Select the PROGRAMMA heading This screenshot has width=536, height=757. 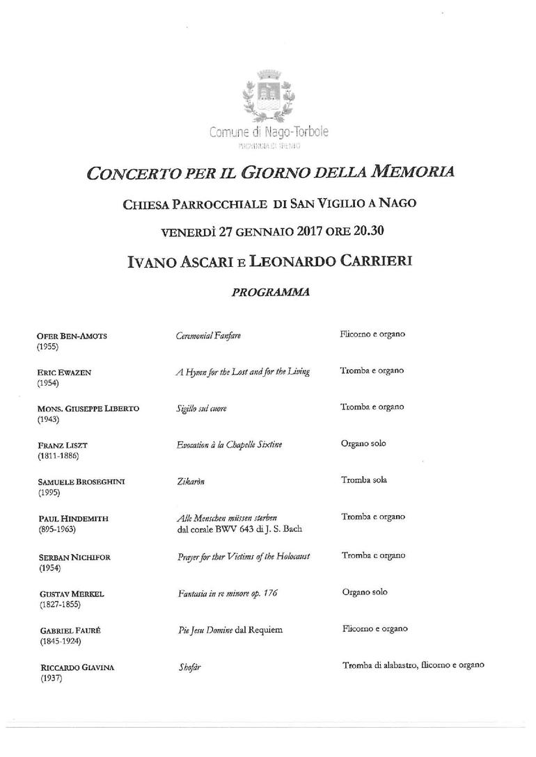point(269,292)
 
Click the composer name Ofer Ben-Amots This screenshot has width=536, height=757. point(76,336)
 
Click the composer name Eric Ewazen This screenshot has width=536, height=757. point(64,373)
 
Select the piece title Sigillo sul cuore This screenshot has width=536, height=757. point(201,409)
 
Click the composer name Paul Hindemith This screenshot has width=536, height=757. point(72,519)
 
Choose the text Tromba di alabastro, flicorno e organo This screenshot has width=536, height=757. point(413,665)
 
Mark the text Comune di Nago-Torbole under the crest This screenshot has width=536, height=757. point(269,132)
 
